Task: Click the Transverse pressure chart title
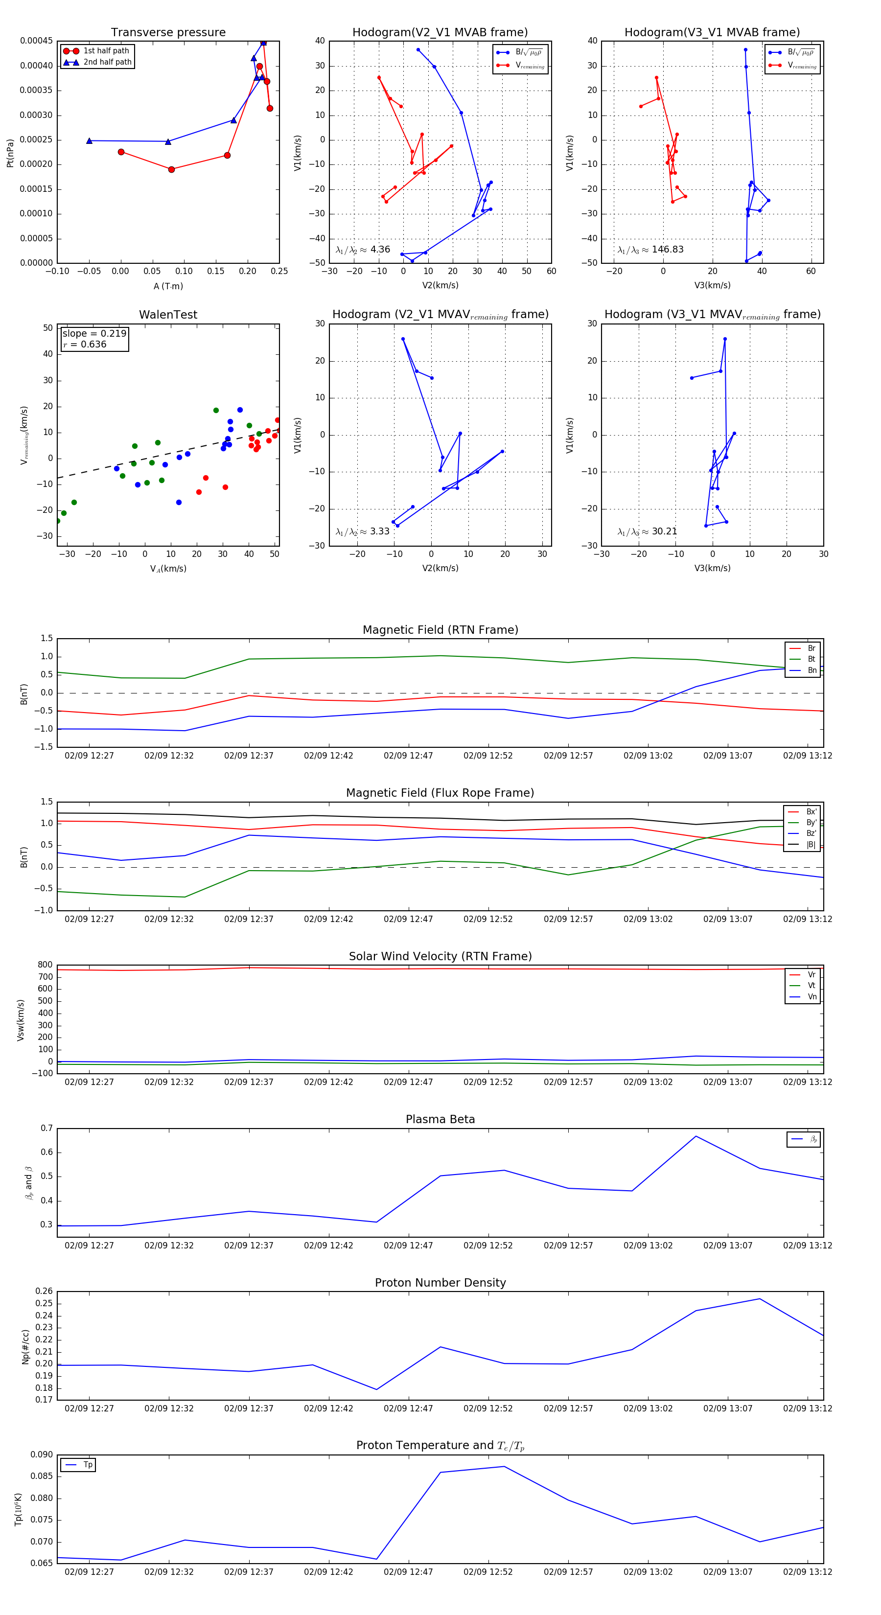pos(168,33)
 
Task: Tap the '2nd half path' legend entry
pos(107,62)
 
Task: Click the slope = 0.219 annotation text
pos(94,334)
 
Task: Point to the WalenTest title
pos(168,315)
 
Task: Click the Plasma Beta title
pos(440,1119)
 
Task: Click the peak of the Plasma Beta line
pos(696,1136)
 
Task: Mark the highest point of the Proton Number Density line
pos(759,1298)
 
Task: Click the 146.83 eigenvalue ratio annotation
pos(650,250)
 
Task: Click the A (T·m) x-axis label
pos(168,286)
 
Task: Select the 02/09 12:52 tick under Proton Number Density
pos(488,1408)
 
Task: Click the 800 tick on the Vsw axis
pos(45,965)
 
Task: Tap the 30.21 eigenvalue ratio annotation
pos(647,531)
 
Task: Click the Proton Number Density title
pos(440,1283)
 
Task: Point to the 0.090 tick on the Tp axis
pos(42,1455)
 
